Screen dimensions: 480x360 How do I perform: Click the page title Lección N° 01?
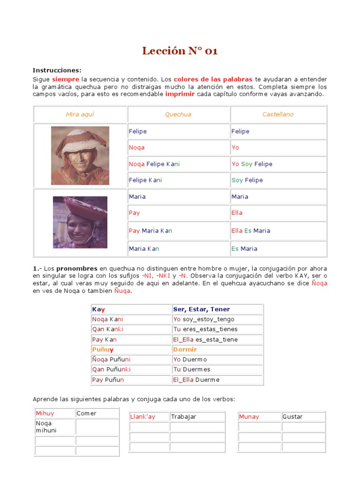(x=180, y=51)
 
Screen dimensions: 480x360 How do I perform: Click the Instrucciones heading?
(x=57, y=70)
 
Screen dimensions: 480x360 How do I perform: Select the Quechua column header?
(x=178, y=114)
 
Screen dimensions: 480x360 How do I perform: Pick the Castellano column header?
(x=278, y=114)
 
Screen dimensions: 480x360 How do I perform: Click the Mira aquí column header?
(x=80, y=114)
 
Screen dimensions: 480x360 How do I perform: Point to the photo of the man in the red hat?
(x=80, y=155)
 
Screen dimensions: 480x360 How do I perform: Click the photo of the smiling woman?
(x=80, y=222)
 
